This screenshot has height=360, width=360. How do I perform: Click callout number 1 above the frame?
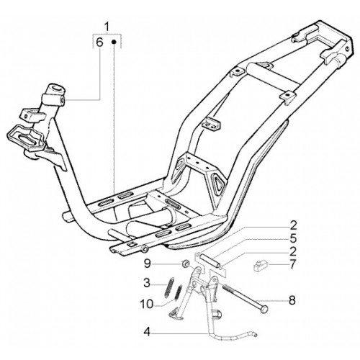[x=107, y=27]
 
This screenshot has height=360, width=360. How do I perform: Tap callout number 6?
[x=99, y=42]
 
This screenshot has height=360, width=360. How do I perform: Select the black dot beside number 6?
[x=114, y=42]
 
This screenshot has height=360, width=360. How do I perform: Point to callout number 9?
[x=147, y=264]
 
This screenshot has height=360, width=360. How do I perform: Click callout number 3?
[x=147, y=283]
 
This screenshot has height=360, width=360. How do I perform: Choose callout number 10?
[x=147, y=305]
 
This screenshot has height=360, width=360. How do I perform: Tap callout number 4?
[x=147, y=333]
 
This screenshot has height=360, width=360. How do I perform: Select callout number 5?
[x=293, y=238]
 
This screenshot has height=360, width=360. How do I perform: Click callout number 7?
[x=292, y=264]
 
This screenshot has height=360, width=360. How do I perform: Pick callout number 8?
[x=292, y=300]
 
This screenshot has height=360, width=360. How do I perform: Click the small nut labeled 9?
[x=185, y=264]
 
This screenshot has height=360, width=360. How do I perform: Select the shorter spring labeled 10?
[x=179, y=292]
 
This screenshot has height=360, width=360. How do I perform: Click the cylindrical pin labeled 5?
[x=210, y=261]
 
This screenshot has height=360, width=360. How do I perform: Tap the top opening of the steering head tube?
[x=57, y=88]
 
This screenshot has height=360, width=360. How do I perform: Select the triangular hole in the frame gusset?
[x=218, y=182]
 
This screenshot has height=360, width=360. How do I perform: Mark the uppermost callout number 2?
[x=293, y=225]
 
